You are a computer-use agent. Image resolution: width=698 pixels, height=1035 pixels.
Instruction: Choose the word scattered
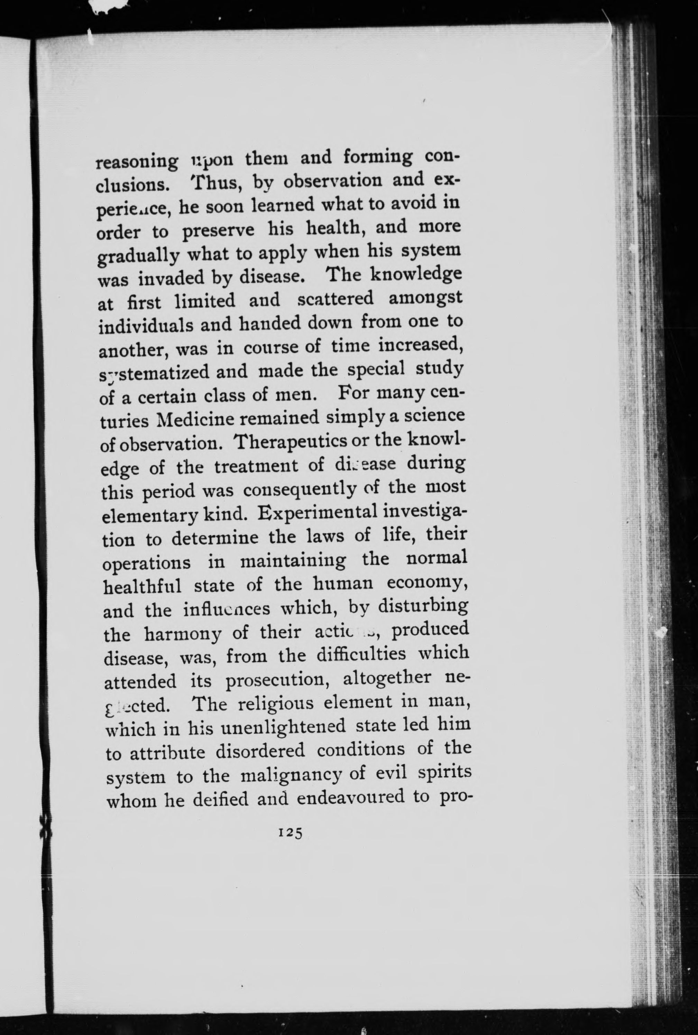tap(335, 299)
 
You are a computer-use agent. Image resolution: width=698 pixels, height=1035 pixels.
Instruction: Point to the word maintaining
tap(293, 560)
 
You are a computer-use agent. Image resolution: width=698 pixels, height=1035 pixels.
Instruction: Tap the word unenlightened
tap(283, 728)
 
